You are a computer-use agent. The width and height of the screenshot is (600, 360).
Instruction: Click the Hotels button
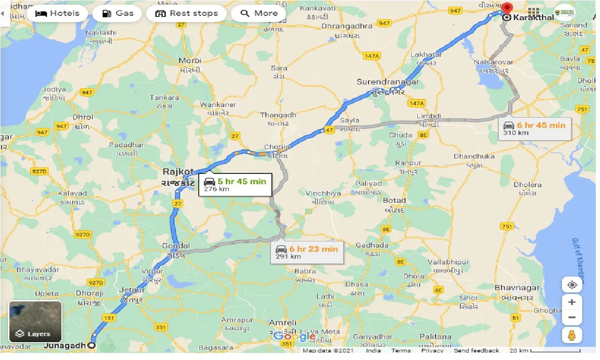(x=58, y=13)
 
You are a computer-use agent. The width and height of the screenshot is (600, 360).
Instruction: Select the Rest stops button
(x=187, y=13)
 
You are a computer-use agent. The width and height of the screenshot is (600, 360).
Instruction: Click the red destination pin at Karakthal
(x=507, y=8)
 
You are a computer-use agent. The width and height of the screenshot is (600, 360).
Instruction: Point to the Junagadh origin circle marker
(x=92, y=346)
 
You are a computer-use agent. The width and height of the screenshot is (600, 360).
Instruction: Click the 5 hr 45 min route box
(x=235, y=185)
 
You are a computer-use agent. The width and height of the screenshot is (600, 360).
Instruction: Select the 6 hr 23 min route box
(x=307, y=252)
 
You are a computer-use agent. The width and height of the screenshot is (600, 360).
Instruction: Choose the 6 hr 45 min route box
(x=535, y=128)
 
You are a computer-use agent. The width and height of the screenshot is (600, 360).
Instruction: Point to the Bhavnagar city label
(x=517, y=287)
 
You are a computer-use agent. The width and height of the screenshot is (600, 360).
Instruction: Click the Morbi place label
(x=190, y=60)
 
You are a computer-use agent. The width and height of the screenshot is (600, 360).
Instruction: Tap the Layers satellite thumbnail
(x=35, y=321)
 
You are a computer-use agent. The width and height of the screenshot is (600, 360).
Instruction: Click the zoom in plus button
(x=571, y=302)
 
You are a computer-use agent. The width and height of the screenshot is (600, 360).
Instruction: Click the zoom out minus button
(x=571, y=318)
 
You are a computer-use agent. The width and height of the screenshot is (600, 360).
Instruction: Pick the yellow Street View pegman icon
(x=571, y=335)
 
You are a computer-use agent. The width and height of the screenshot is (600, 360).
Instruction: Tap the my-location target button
(x=571, y=285)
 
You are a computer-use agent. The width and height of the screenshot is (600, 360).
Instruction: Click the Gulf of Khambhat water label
(x=578, y=260)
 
